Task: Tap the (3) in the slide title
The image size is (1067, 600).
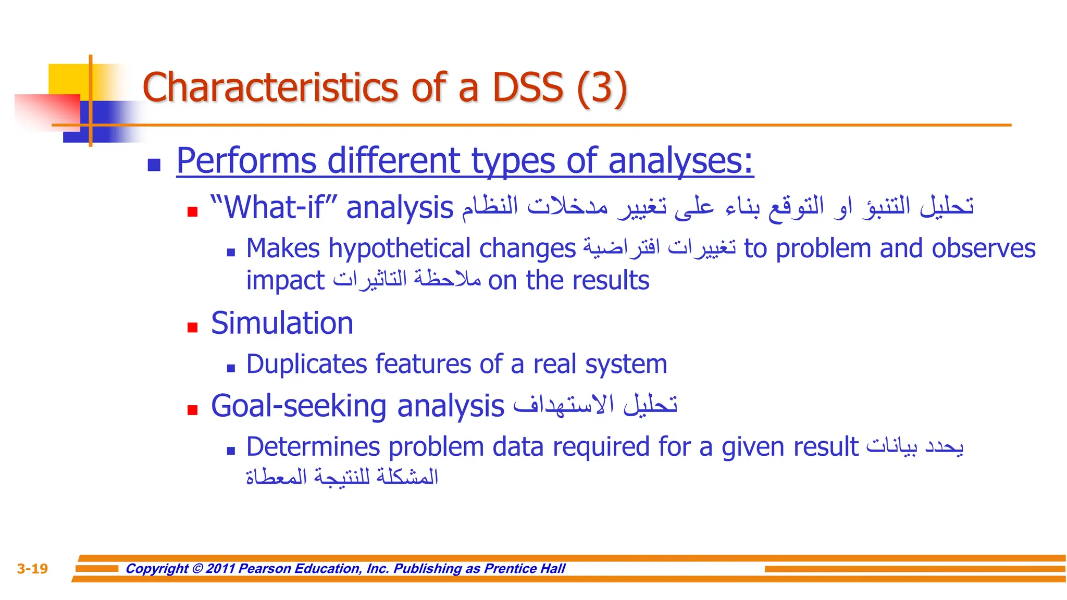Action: (602, 89)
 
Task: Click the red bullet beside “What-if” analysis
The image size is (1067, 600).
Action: (193, 211)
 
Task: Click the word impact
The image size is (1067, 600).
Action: (285, 281)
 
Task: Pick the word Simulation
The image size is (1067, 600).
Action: (282, 323)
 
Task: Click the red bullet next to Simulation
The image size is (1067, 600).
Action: (193, 328)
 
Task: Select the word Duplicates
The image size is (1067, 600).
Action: (306, 364)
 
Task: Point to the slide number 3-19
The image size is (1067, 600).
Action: (32, 568)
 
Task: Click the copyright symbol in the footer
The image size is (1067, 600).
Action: (197, 568)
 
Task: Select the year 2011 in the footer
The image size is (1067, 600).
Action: (220, 568)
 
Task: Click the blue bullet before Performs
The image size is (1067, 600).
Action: (154, 165)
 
